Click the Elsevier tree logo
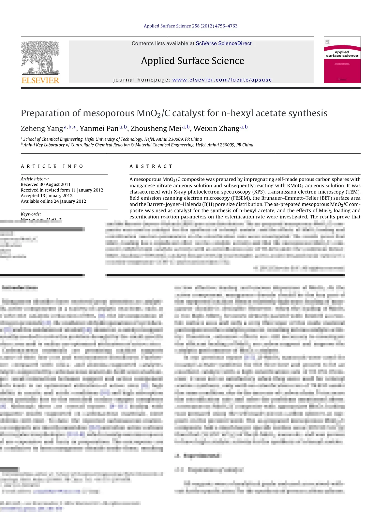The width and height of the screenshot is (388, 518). (40, 58)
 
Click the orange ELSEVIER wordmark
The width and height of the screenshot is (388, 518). (40, 80)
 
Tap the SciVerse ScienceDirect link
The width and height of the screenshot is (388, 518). (223, 43)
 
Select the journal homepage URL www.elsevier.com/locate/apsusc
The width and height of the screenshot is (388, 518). (222, 80)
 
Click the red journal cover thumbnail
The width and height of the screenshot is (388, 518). (342, 60)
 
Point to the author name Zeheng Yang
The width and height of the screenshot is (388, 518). (42, 129)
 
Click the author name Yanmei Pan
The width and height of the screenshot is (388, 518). (99, 129)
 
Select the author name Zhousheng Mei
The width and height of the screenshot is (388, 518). (156, 129)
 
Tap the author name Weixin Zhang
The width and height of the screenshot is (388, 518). (216, 129)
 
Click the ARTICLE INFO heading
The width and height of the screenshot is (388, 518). (52, 166)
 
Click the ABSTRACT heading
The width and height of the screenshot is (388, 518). (151, 166)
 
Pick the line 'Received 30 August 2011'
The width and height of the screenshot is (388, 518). (46, 184)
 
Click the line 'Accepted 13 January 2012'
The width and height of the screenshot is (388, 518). (47, 196)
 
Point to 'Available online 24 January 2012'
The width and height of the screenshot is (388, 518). (53, 201)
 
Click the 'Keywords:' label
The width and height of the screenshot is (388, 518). (31, 214)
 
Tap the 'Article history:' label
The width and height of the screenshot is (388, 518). (35, 179)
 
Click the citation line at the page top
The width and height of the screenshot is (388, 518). (190, 26)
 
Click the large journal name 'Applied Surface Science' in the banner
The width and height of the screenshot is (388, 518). (192, 61)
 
